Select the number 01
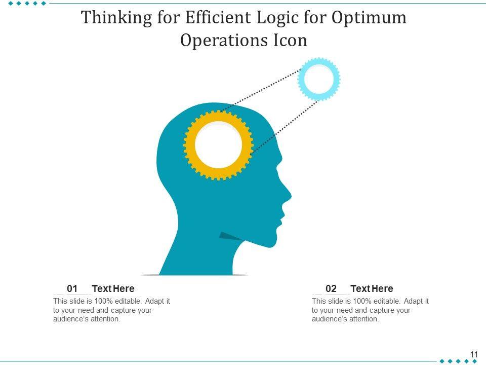coord(72,289)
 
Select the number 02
coord(331,289)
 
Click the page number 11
coord(474,354)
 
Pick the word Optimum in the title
coord(369,18)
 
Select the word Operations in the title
coord(221,41)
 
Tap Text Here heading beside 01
coord(113,289)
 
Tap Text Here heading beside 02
coord(372,289)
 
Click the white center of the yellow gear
coord(218,144)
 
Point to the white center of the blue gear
coord(319,79)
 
